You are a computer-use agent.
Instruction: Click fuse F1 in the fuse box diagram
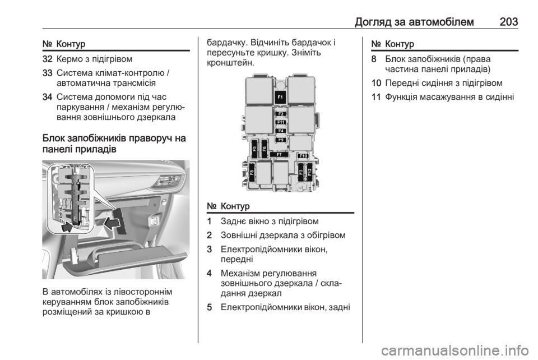[280, 97]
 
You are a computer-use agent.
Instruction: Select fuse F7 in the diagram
[279, 155]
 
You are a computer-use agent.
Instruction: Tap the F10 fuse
[303, 156]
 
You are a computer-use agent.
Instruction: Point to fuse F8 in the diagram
[252, 173]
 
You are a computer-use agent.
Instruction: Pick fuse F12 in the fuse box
[309, 170]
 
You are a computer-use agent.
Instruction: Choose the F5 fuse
[254, 149]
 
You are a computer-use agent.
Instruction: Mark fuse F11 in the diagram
[281, 122]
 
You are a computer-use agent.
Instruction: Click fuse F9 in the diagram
[281, 140]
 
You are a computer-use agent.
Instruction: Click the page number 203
[509, 22]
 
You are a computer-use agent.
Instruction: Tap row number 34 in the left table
[47, 97]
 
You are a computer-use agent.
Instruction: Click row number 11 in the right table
[376, 97]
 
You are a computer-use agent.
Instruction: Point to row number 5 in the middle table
[210, 307]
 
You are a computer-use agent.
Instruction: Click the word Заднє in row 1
[232, 221]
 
